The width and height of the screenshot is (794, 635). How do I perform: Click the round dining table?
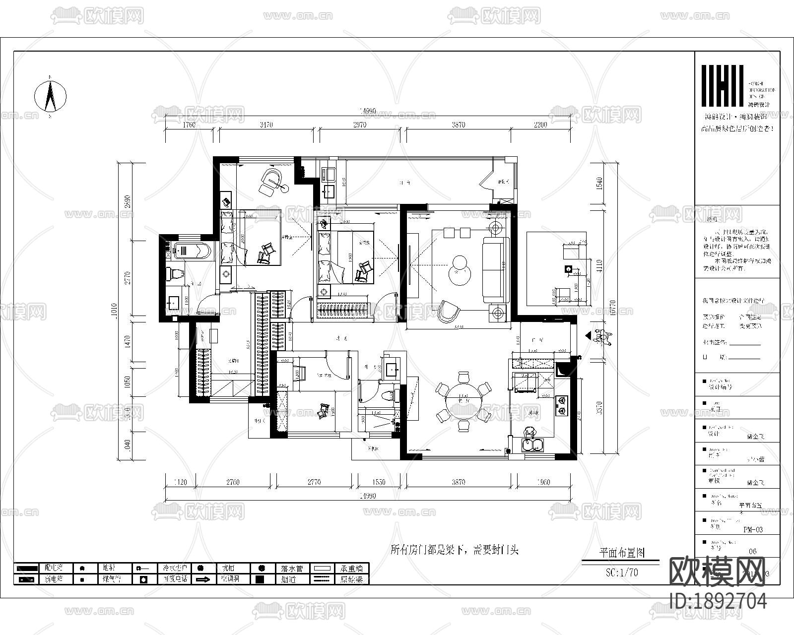tap(463, 401)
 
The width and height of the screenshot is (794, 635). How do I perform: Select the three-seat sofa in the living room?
tap(495, 269)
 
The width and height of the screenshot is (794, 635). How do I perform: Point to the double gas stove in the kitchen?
tap(562, 405)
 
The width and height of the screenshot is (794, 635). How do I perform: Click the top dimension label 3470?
tap(266, 125)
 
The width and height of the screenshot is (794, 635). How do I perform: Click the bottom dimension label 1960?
tap(544, 482)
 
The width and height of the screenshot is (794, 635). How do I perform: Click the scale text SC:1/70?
tap(622, 572)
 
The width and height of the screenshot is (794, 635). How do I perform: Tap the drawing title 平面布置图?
tap(622, 552)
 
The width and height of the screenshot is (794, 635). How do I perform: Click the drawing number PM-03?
tap(753, 529)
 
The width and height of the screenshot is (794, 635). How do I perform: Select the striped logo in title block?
tap(722, 85)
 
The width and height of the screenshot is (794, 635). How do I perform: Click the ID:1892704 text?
tap(718, 601)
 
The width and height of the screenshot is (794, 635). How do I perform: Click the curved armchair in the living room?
tap(449, 311)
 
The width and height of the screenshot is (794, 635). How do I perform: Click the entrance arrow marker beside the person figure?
tap(589, 337)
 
